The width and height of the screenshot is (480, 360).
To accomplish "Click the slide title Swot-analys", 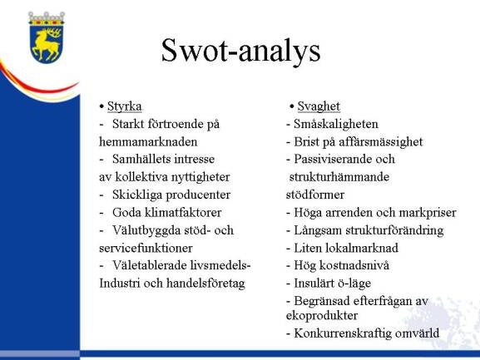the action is (x=240, y=51).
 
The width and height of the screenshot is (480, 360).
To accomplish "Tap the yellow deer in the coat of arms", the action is (x=47, y=43).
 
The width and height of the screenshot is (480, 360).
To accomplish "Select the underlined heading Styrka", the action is (x=125, y=106).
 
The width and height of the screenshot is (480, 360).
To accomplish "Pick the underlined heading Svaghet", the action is (x=319, y=106).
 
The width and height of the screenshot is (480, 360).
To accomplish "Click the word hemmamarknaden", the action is (x=148, y=142).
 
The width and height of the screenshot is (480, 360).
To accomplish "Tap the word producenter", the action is (x=198, y=195).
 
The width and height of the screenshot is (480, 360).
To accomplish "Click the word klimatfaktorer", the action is (x=183, y=213).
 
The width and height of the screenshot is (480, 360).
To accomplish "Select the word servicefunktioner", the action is (x=146, y=248).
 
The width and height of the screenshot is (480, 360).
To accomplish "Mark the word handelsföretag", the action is (x=205, y=284).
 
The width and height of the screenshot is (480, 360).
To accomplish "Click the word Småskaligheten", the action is (x=336, y=124).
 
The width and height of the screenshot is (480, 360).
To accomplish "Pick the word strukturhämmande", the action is (x=339, y=177).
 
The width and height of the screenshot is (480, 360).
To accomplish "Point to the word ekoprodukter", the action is (x=322, y=316).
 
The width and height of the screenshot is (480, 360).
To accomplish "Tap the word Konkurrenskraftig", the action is (x=343, y=333).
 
